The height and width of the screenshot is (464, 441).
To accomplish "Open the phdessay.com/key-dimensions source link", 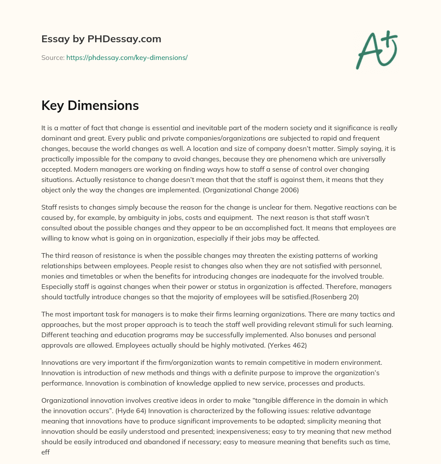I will (x=127, y=57).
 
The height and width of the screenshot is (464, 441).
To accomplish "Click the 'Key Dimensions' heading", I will (x=90, y=106).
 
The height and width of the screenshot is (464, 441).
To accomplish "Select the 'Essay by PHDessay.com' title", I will (x=101, y=39).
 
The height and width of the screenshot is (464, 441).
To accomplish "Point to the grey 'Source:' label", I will (x=53, y=57).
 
